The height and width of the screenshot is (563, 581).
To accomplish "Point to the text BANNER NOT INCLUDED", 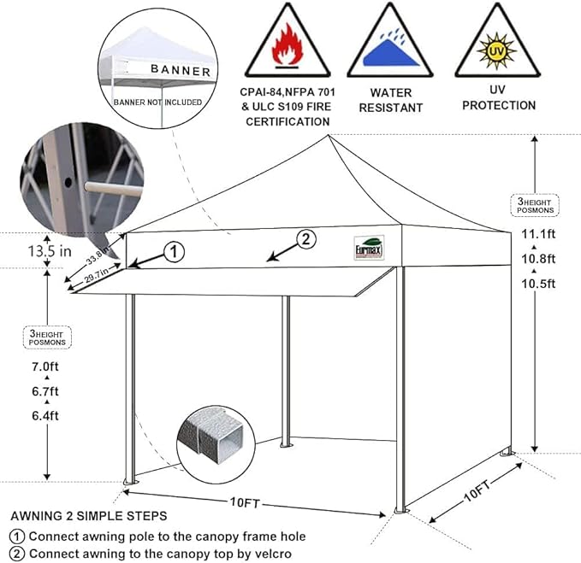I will pyautogui.click(x=158, y=102).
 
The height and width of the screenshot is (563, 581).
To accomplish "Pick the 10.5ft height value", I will pyautogui.click(x=539, y=284).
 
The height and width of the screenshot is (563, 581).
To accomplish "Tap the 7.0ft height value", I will pyautogui.click(x=46, y=368).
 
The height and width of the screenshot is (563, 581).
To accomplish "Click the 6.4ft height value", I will pyautogui.click(x=46, y=416).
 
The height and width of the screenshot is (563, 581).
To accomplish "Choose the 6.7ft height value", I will pyautogui.click(x=46, y=392).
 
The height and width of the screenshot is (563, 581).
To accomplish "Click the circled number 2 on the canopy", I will pyautogui.click(x=306, y=238).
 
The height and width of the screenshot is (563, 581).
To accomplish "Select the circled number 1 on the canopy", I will pyautogui.click(x=173, y=251).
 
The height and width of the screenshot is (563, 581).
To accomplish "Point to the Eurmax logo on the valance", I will pyautogui.click(x=369, y=246).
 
